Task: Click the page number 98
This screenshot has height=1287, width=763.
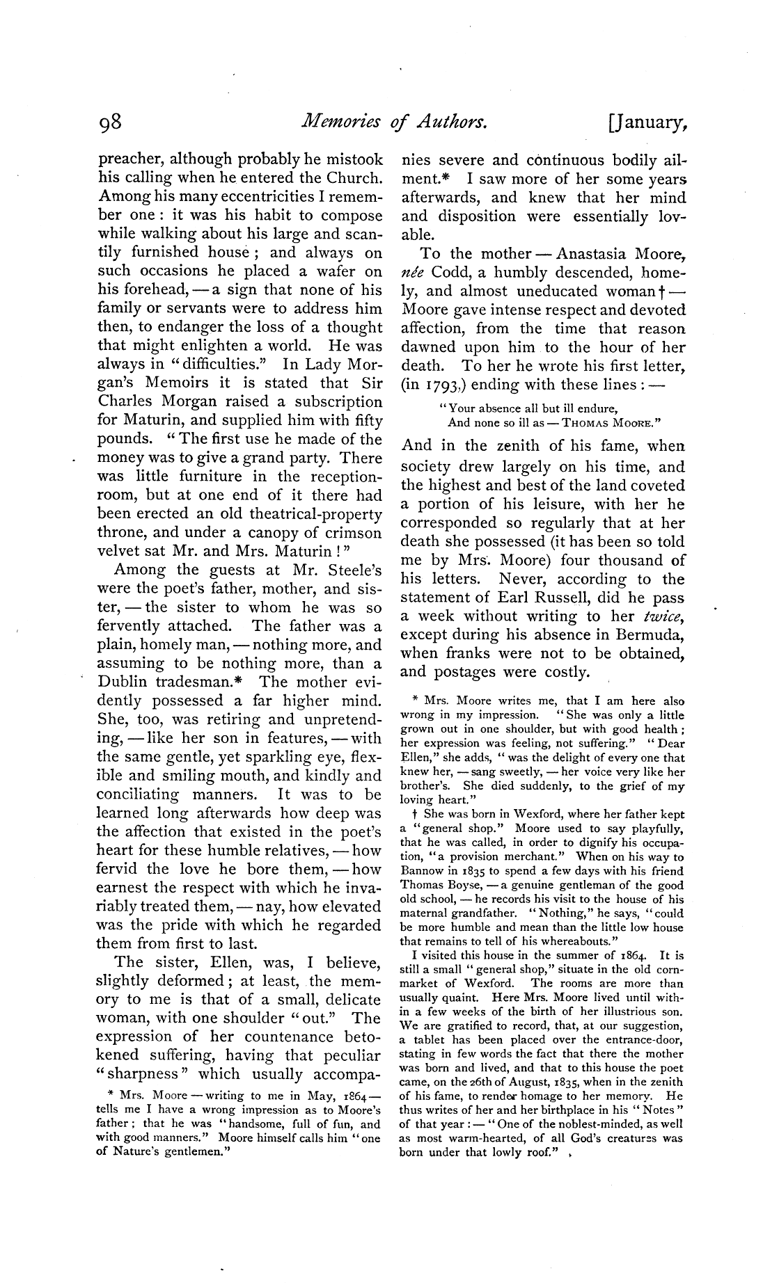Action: pyautogui.click(x=111, y=123)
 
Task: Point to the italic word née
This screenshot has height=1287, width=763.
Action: pyautogui.click(x=411, y=273)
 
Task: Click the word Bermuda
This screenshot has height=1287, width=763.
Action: pyautogui.click(x=647, y=634)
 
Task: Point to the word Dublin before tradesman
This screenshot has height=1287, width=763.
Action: pyautogui.click(x=123, y=682)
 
